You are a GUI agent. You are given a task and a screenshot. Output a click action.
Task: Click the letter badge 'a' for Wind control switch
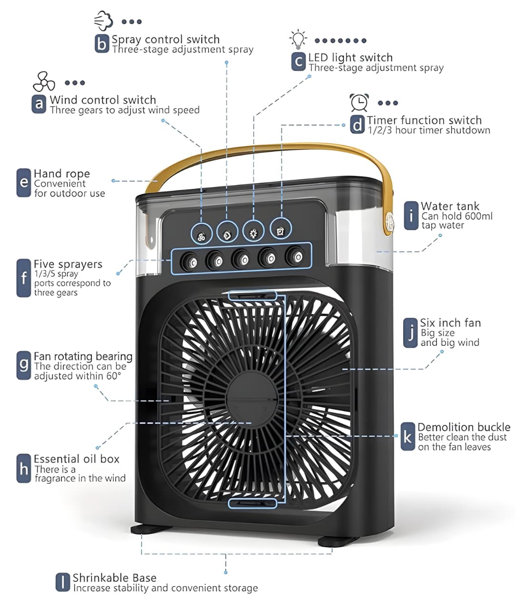click(x=39, y=104)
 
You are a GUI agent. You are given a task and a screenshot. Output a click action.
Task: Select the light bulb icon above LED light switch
click(x=298, y=39)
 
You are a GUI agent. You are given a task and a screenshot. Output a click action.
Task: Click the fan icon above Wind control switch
click(x=44, y=82)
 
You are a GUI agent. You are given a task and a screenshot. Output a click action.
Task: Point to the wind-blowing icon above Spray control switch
click(x=103, y=21)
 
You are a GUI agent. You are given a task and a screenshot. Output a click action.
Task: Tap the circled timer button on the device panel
click(x=280, y=231)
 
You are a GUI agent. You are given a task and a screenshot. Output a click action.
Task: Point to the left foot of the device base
click(x=146, y=529)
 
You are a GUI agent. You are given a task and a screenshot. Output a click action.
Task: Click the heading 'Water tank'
click(x=450, y=206)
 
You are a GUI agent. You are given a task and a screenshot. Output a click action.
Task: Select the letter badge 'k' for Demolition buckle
click(x=407, y=436)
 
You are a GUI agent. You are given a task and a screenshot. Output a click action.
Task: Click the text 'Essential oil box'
click(x=76, y=459)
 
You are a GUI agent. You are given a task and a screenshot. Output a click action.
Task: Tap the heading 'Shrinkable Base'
click(x=114, y=578)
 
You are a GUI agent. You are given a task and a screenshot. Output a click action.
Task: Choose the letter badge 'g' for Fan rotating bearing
click(x=24, y=365)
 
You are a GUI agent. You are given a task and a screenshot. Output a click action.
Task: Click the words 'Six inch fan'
click(x=450, y=323)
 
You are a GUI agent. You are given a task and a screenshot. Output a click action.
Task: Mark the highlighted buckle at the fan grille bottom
click(x=252, y=503)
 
